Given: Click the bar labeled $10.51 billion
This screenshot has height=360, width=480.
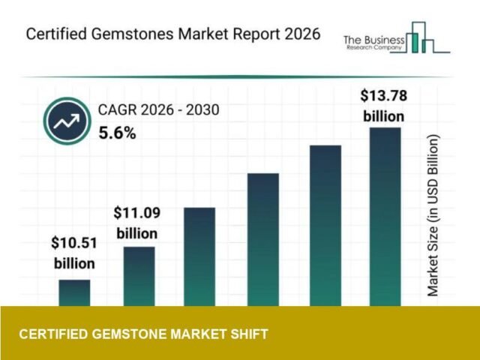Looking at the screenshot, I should coord(74,292).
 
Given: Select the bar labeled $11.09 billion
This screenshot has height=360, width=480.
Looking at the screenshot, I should coord(139,276).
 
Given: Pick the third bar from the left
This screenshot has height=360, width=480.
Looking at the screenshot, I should coord(199,256).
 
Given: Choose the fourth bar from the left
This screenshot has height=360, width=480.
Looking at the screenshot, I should coord(262,239).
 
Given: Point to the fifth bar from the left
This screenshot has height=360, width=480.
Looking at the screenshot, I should coord(325,225).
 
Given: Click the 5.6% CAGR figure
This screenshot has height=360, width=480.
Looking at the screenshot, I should coord(118,133).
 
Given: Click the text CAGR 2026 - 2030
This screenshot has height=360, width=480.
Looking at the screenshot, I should coord(158,111).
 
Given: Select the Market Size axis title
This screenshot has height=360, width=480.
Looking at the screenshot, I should coord(433,216).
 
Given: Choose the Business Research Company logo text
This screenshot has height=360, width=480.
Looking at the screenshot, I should coord(373,43).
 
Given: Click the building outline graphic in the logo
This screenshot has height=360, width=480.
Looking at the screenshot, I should coord(427,37).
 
